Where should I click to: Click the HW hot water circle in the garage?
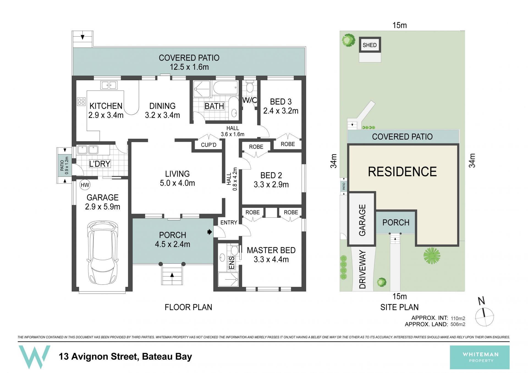coord(85,185)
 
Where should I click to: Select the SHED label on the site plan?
coord(370,45)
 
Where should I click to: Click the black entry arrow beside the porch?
coord(210,232)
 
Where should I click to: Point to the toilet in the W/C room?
coord(250,86)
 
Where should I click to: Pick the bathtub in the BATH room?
coord(226,88)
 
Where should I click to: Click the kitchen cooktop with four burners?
coord(81,102)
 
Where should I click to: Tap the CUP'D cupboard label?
coord(208,145)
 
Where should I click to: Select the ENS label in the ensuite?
coord(232,263)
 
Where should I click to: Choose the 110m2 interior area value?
coord(458,318)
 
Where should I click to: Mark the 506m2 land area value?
coord(458,324)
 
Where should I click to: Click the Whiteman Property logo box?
coord(480,357)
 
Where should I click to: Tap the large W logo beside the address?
coord(34,357)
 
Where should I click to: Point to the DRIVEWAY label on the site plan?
coord(363,269)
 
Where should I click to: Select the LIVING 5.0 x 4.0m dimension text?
coord(177,183)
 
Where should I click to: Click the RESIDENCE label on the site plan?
coord(402,171)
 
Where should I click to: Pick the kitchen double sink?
coord(109,85)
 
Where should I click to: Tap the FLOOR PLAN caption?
coord(188,307)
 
